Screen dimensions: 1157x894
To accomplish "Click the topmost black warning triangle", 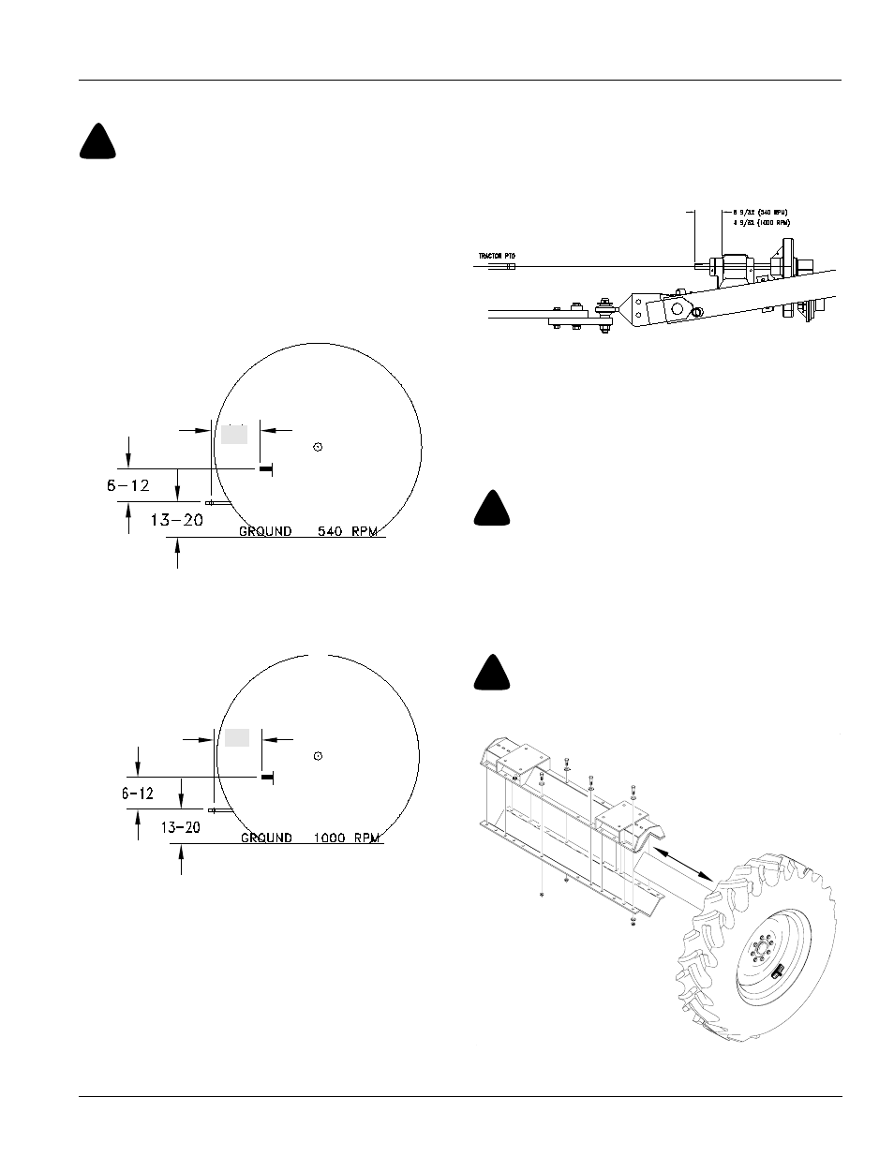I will pyautogui.click(x=97, y=142).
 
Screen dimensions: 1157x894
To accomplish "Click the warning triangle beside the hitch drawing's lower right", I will pyautogui.click(x=492, y=509).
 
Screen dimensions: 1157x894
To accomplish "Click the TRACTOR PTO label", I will pyautogui.click(x=498, y=255).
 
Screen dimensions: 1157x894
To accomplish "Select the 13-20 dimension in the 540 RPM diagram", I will pyautogui.click(x=176, y=521).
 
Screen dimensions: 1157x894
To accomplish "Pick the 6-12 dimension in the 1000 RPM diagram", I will pyautogui.click(x=138, y=793).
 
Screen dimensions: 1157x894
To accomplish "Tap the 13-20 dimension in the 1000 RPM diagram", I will pyautogui.click(x=181, y=827).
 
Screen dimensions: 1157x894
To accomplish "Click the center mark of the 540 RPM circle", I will pyautogui.click(x=319, y=447).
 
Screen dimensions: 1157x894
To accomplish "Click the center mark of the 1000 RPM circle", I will pyautogui.click(x=318, y=755).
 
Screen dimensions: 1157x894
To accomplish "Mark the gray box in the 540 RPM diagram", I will pyautogui.click(x=234, y=433).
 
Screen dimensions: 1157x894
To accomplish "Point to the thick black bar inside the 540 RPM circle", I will pyautogui.click(x=265, y=467).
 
